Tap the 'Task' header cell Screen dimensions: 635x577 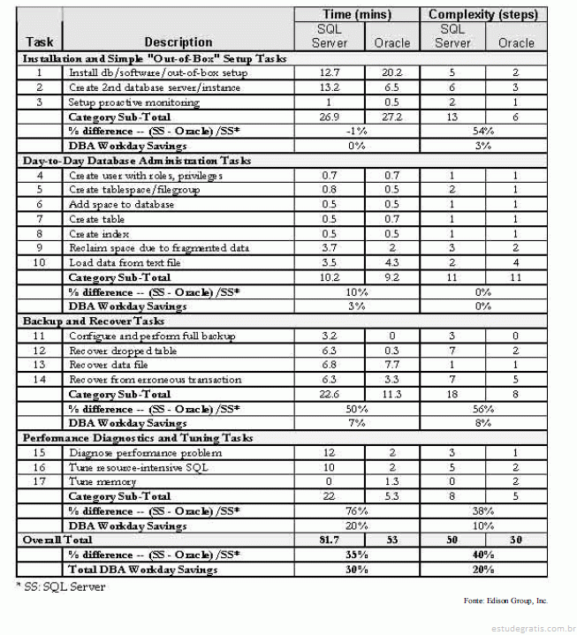[40, 42]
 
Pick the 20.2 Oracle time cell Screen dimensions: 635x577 [392, 73]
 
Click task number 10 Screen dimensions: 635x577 [39, 263]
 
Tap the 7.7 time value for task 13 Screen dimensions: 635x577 [392, 365]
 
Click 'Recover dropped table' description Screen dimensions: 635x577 [123, 351]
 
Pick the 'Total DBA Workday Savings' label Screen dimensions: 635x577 [142, 570]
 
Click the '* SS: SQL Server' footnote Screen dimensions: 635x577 [53, 585]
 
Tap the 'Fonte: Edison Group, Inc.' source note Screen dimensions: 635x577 [505, 601]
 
